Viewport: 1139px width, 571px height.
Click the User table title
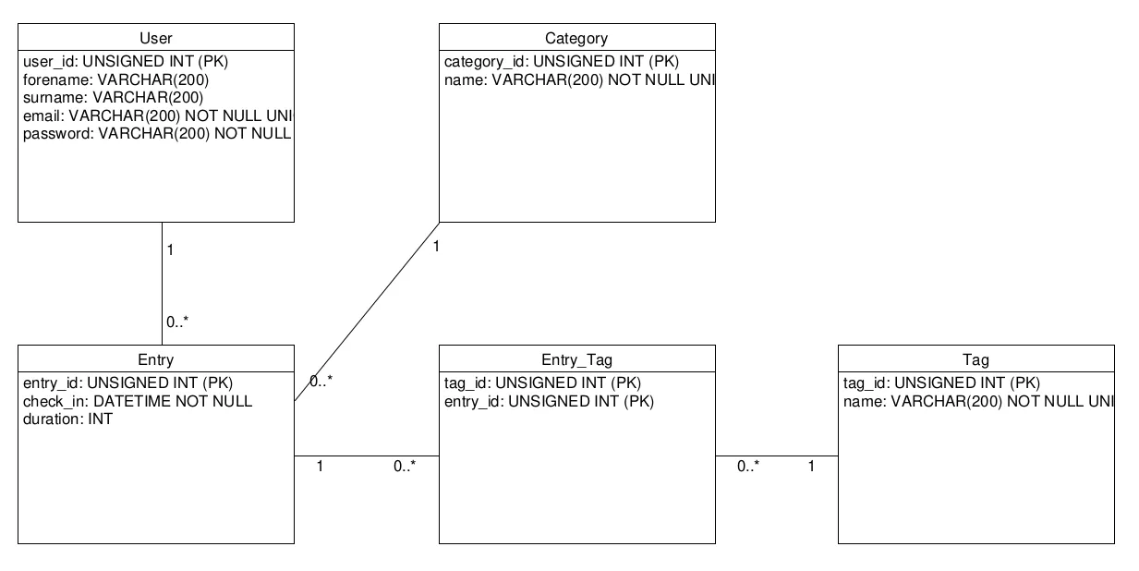(x=156, y=38)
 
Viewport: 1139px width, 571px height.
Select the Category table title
(x=576, y=38)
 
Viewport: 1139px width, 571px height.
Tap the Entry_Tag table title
(x=576, y=359)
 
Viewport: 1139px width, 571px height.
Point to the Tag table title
(x=975, y=359)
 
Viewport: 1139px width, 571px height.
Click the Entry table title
(x=156, y=359)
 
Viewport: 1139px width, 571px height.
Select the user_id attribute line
(x=125, y=62)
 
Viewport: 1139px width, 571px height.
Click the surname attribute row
(x=114, y=97)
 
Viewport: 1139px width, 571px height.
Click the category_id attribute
(x=562, y=62)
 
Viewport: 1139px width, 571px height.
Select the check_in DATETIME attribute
(x=138, y=401)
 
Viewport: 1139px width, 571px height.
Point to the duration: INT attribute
(x=67, y=419)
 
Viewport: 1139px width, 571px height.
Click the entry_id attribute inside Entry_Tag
(x=549, y=401)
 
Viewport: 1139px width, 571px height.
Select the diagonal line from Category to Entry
(x=367, y=311)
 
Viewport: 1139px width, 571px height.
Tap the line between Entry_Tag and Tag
(x=777, y=456)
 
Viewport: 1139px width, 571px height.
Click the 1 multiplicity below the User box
(x=171, y=250)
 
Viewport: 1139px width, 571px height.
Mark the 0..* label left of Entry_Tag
(x=405, y=467)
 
